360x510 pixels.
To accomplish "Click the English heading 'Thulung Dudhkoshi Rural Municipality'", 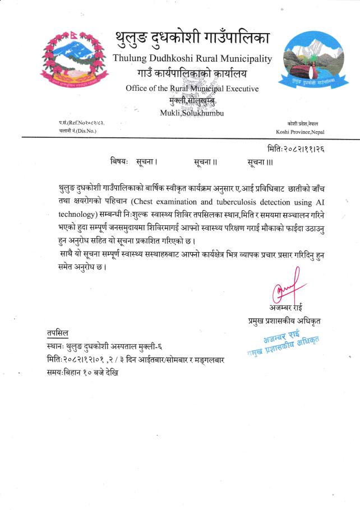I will click(x=192, y=58).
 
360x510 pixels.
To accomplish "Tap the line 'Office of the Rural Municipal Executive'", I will click(x=192, y=88).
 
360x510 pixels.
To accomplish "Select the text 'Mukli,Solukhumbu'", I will click(x=192, y=113).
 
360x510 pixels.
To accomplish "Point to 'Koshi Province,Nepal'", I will click(x=300, y=132).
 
